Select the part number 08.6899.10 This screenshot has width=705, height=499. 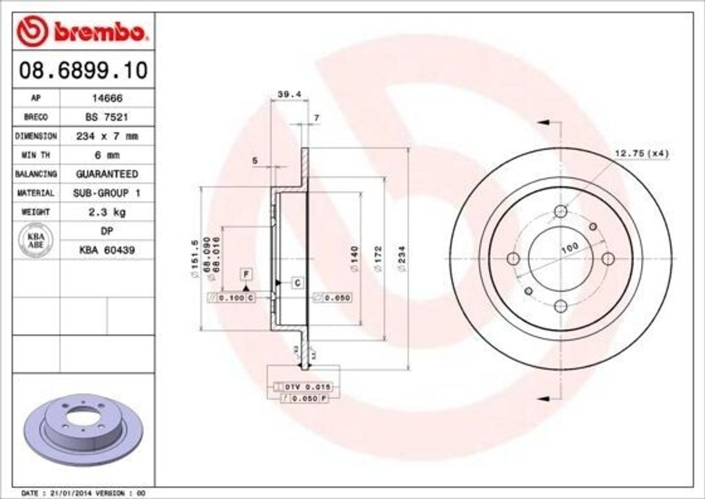tap(81, 70)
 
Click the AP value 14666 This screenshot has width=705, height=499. tap(107, 98)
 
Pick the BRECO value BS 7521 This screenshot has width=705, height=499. tap(107, 117)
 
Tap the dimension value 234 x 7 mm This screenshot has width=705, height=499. tap(107, 136)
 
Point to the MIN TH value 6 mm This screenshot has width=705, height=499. tap(107, 155)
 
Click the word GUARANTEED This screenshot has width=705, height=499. tap(107, 174)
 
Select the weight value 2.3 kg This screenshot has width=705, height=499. tap(107, 212)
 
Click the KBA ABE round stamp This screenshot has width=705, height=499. tap(35, 241)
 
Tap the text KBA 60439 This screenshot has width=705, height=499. tap(107, 250)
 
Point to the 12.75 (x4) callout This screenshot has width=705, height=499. tap(641, 153)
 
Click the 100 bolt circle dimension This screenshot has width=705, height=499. tap(569, 248)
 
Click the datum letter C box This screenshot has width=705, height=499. tap(297, 282)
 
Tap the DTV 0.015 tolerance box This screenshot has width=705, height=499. tap(303, 387)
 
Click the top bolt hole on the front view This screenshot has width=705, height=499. tap(560, 211)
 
